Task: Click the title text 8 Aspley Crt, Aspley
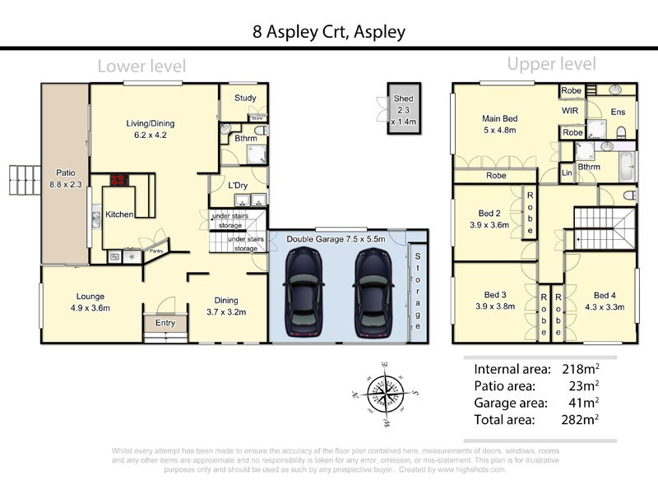pyautogui.click(x=329, y=33)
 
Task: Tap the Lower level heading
pyautogui.click(x=141, y=66)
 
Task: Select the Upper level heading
pyautogui.click(x=551, y=64)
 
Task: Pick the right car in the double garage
pyautogui.click(x=375, y=289)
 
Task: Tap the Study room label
pyautogui.click(x=245, y=98)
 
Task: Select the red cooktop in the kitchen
pyautogui.click(x=118, y=180)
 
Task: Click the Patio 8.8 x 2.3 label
pyautogui.click(x=65, y=180)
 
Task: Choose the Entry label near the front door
pyautogui.click(x=165, y=323)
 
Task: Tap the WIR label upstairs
pyautogui.click(x=572, y=109)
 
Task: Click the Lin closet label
pyautogui.click(x=567, y=173)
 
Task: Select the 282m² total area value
pyautogui.click(x=581, y=419)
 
